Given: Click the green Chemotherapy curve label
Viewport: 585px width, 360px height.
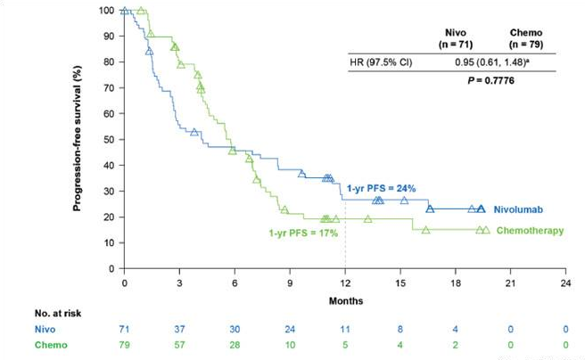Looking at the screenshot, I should click(x=530, y=231).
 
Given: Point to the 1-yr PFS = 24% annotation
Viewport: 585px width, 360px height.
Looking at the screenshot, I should click(x=381, y=188).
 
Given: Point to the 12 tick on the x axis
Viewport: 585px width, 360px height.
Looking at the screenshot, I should click(x=345, y=282).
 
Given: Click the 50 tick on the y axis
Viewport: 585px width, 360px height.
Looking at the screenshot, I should click(x=110, y=139).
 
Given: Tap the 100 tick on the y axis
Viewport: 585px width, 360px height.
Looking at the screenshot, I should click(x=107, y=11).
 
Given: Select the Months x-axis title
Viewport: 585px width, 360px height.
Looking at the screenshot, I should click(x=344, y=300).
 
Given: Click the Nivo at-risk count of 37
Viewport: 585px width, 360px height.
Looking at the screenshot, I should click(x=179, y=329).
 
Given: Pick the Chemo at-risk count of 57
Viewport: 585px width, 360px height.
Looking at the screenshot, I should click(x=179, y=344).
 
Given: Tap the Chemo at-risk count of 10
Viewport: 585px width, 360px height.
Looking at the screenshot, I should click(x=290, y=344).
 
